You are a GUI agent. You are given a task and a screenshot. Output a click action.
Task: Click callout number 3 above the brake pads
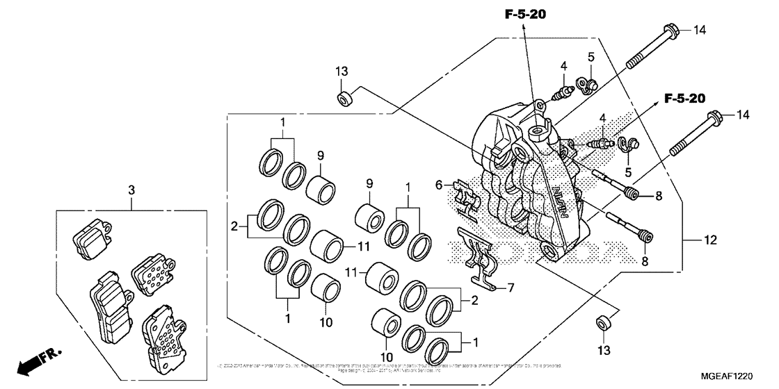coord(130,188)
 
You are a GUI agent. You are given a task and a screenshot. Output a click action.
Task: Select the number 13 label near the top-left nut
coord(342,72)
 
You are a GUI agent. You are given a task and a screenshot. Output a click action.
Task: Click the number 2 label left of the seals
coord(235,226)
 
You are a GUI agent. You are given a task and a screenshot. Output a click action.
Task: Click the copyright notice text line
coord(389,365)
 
